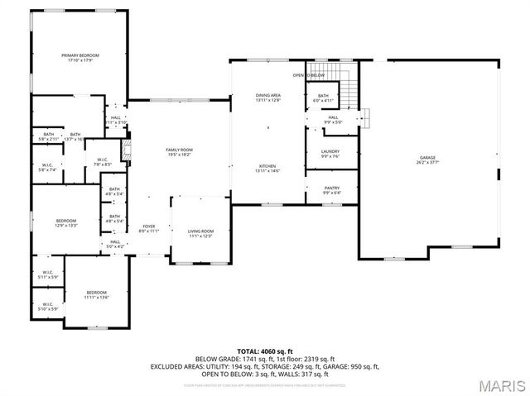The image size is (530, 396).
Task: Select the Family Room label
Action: (x=180, y=151)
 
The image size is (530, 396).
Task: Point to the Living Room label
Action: (x=200, y=233)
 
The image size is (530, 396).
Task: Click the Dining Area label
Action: (x=268, y=98)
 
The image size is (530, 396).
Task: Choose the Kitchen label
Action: (x=267, y=169)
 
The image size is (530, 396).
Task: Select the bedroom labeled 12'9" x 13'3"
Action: (x=66, y=222)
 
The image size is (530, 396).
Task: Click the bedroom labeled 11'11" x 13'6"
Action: (x=97, y=295)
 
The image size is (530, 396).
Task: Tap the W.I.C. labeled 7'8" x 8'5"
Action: (x=103, y=162)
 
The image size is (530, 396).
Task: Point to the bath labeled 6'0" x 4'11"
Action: (x=324, y=98)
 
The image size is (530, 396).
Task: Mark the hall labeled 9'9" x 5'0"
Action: (x=332, y=120)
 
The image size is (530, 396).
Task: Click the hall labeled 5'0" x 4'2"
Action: (x=115, y=244)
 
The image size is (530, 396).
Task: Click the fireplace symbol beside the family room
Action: (x=127, y=151)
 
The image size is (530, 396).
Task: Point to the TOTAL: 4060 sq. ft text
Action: (x=264, y=352)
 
